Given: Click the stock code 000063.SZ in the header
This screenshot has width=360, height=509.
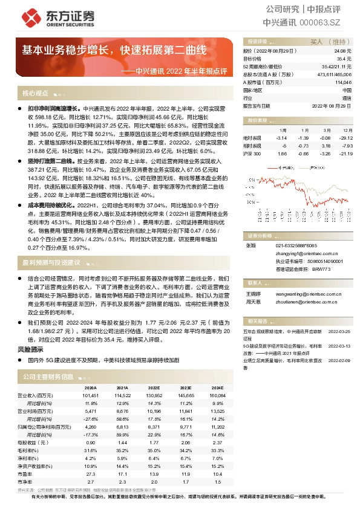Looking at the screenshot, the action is coord(324,22).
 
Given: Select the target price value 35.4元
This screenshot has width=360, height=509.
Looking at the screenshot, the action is coord(343,59).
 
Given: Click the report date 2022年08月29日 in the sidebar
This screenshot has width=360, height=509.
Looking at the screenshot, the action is coord(331,105).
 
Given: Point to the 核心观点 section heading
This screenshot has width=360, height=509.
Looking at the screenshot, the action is coord(35,93).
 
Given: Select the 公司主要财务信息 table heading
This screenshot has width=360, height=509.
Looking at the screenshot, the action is coord(48,376).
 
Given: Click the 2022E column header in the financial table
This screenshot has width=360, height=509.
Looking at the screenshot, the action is coord(154,388).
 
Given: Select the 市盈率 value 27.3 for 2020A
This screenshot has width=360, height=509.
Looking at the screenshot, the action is coord(91,475).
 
